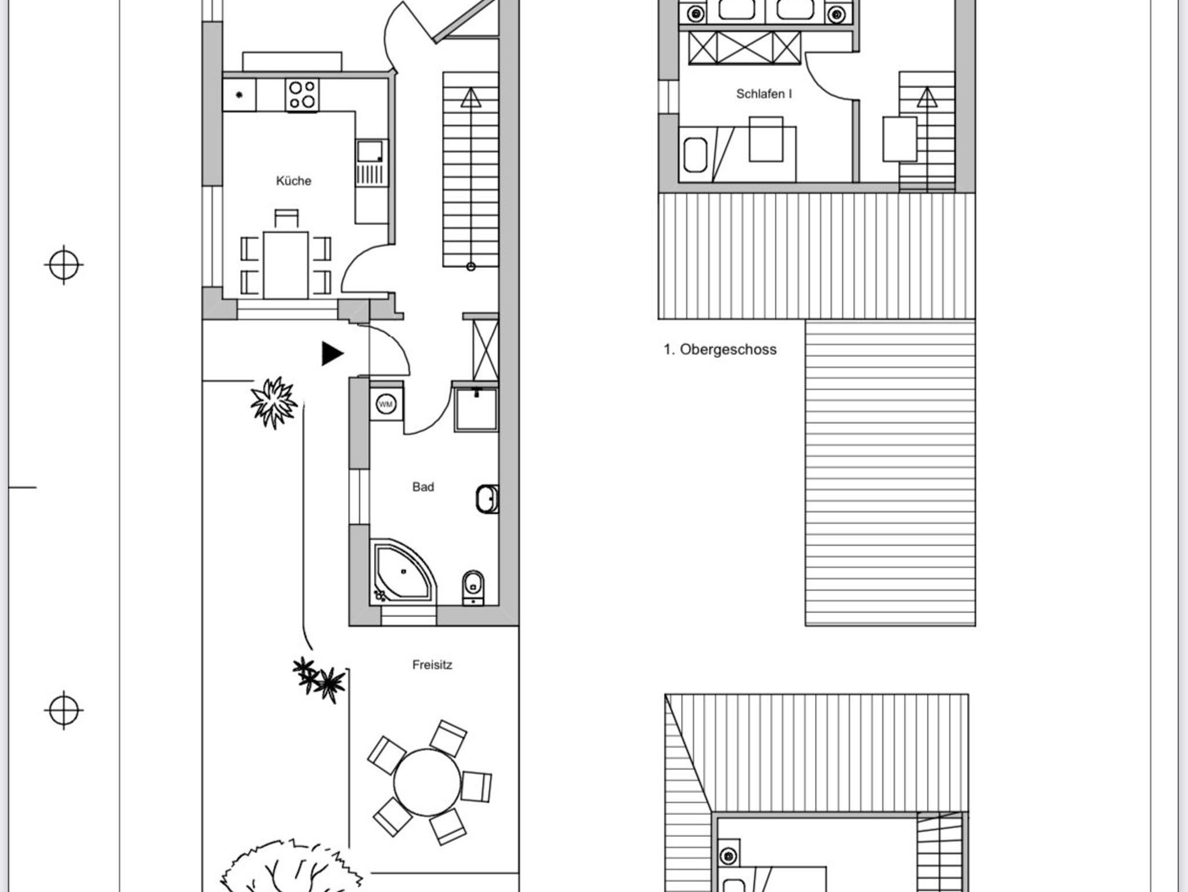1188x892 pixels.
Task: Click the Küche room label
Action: pyautogui.click(x=294, y=181)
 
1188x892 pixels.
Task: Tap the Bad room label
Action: pyautogui.click(x=423, y=487)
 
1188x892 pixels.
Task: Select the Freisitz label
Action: pyautogui.click(x=432, y=665)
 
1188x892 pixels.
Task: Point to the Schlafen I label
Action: pyautogui.click(x=764, y=94)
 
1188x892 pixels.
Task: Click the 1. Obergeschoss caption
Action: pyautogui.click(x=720, y=350)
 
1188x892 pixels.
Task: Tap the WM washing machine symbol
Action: pyautogui.click(x=386, y=404)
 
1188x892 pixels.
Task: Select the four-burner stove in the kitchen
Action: pyautogui.click(x=302, y=95)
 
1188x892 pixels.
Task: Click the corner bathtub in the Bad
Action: pyautogui.click(x=402, y=572)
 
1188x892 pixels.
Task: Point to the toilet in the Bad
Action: pyautogui.click(x=473, y=588)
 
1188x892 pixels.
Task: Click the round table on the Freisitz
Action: pyautogui.click(x=427, y=782)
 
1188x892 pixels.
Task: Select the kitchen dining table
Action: pyautogui.click(x=286, y=265)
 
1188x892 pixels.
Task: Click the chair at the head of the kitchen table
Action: pyautogui.click(x=287, y=219)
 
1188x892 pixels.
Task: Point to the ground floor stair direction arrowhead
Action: pyautogui.click(x=471, y=97)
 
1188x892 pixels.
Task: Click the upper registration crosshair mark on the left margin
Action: pyautogui.click(x=64, y=265)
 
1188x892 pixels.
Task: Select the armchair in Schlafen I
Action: pyautogui.click(x=766, y=139)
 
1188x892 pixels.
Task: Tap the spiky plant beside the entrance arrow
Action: pyautogui.click(x=274, y=403)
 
